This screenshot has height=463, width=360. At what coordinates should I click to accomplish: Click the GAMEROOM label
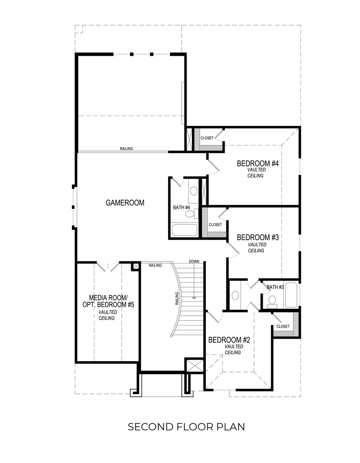125,203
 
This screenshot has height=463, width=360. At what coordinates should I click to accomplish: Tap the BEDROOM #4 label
258,164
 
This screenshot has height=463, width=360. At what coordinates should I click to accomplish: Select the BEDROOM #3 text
258,238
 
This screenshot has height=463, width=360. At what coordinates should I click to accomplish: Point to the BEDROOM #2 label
229,340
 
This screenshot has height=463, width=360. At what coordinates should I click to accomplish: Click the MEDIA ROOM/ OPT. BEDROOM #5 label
108,301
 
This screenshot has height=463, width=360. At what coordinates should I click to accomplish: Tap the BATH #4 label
181,207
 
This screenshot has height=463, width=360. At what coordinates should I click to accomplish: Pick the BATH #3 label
275,287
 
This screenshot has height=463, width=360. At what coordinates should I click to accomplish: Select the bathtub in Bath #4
185,230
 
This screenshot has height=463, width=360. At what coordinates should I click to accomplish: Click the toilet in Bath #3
272,300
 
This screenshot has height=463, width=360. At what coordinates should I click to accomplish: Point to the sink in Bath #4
193,191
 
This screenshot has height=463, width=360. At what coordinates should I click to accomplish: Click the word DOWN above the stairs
194,261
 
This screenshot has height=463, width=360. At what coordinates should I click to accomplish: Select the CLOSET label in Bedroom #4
207,138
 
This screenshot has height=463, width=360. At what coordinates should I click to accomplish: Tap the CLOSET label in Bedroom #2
283,327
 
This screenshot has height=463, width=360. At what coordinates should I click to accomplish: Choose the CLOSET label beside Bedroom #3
215,224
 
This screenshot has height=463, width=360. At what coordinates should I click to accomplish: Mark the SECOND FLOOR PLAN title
186,427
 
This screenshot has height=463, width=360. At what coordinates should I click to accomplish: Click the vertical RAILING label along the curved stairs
177,298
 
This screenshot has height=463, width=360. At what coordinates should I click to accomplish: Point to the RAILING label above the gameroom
126,149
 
